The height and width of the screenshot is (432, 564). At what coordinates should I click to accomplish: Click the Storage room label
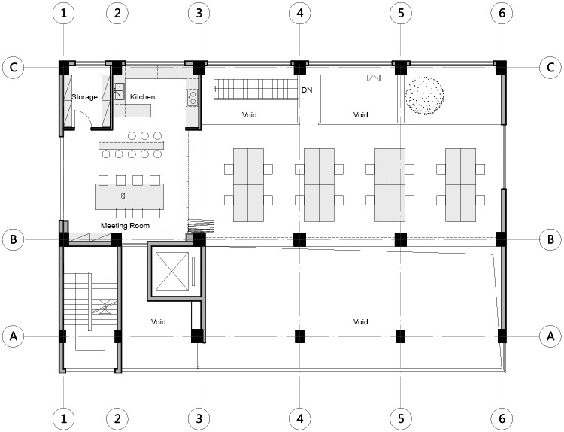click(85, 97)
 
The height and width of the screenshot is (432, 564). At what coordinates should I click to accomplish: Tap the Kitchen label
click(142, 97)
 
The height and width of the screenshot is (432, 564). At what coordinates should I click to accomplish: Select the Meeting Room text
click(125, 225)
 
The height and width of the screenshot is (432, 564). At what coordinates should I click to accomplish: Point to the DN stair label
click(307, 90)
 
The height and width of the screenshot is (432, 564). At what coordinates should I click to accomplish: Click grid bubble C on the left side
click(13, 67)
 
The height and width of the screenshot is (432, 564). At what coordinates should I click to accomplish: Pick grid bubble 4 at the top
click(300, 13)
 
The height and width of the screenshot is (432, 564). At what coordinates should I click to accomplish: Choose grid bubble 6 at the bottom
click(502, 418)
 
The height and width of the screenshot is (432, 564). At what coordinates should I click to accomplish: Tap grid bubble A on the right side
click(550, 336)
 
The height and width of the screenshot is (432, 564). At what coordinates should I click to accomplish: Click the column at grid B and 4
click(300, 239)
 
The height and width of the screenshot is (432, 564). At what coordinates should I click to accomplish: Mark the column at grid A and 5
click(401, 336)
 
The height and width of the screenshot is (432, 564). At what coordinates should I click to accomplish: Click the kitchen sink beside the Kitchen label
click(119, 91)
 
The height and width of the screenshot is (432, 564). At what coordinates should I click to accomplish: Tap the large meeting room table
click(128, 196)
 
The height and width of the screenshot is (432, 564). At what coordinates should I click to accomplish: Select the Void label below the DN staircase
click(250, 115)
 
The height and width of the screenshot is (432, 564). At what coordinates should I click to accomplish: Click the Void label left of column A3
click(157, 321)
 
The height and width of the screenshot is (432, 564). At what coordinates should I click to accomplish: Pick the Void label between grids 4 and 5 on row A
click(360, 321)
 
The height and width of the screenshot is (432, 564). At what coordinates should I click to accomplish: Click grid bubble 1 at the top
click(64, 13)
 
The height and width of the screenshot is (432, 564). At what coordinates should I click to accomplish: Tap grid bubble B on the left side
click(13, 239)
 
